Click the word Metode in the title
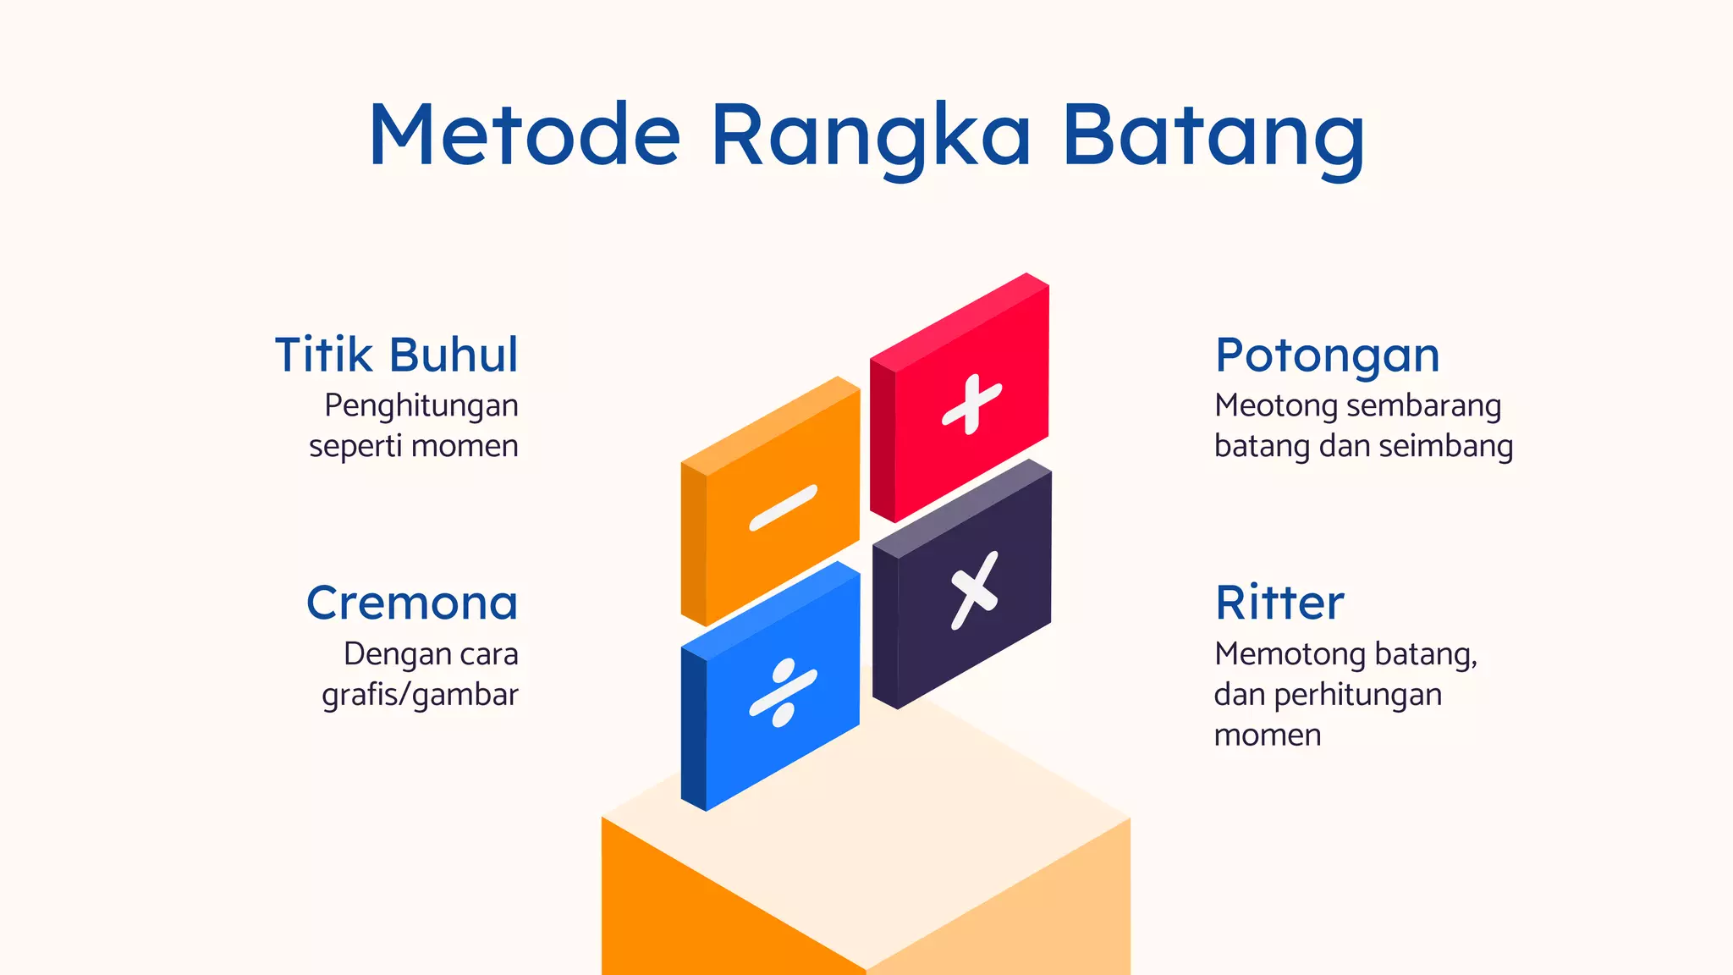(525, 135)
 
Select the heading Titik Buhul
(396, 355)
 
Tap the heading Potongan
(1327, 355)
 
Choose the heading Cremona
(412, 603)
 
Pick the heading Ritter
(1279, 603)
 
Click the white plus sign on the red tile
(972, 404)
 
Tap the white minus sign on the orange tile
(784, 508)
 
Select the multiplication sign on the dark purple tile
(974, 591)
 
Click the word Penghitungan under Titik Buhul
(421, 406)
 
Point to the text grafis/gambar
(420, 695)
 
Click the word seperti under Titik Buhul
(352, 447)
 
